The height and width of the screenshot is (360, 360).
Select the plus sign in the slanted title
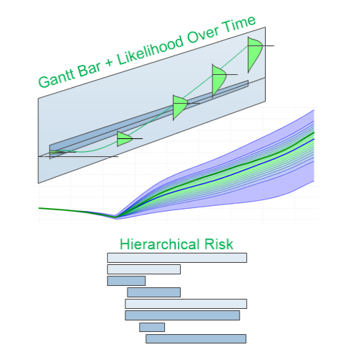[x=109, y=63]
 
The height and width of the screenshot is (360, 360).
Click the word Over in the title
[x=204, y=34]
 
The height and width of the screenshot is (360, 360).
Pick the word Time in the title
[x=238, y=23]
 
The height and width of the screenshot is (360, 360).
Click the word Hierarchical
[x=160, y=244]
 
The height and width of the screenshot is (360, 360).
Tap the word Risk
[x=218, y=244]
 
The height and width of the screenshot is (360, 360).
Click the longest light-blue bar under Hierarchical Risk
[x=177, y=258]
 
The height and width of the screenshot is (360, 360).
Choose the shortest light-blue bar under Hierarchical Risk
[x=144, y=269]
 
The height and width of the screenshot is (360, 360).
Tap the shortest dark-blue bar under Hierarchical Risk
[x=152, y=327]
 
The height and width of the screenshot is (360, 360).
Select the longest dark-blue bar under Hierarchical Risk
[x=182, y=315]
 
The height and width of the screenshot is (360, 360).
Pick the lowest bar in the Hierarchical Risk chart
[x=196, y=338]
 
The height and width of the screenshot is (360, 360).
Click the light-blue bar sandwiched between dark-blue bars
[x=186, y=304]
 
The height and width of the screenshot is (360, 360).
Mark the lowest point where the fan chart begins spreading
[x=116, y=217]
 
